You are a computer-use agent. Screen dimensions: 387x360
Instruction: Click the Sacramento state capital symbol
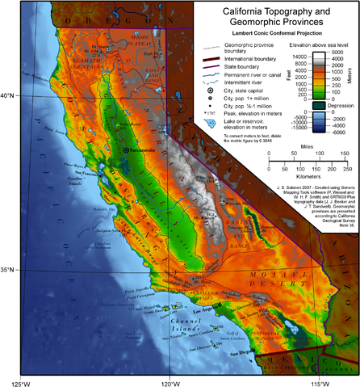coord(127,151)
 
